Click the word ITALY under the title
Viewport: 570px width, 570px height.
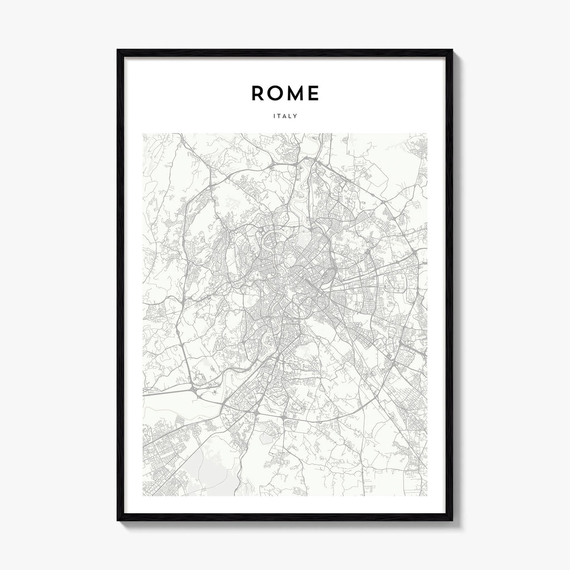[x=285, y=116]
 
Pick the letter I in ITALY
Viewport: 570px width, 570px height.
[x=274, y=116]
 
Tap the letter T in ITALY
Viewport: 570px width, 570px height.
[x=279, y=116]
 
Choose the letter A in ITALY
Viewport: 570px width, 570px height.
[x=284, y=116]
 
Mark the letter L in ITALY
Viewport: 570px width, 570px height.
[x=290, y=116]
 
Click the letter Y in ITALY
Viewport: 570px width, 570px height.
[x=295, y=116]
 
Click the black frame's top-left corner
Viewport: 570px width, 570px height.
[x=118, y=51]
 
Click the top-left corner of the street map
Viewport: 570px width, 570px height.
[x=143, y=134]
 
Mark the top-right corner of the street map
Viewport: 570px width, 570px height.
[x=427, y=134]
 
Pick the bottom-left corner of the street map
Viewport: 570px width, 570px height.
[x=143, y=495]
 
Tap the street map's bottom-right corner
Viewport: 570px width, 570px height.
[x=427, y=495]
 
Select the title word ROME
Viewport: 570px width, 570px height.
[x=285, y=94]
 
